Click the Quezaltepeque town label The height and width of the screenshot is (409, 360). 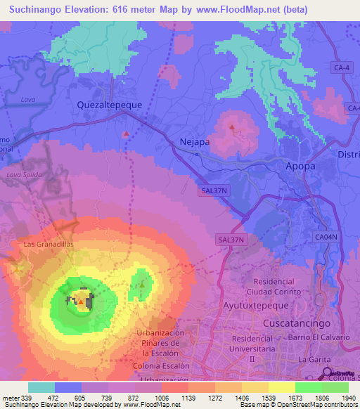click(x=109, y=104)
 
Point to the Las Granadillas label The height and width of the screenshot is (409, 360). click(x=48, y=245)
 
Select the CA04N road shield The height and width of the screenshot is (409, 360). click(x=326, y=238)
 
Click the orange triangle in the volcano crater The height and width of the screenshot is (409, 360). click(x=81, y=303)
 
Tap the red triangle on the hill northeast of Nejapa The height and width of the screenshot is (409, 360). click(x=232, y=127)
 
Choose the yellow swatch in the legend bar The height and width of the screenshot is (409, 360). click(x=281, y=387)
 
